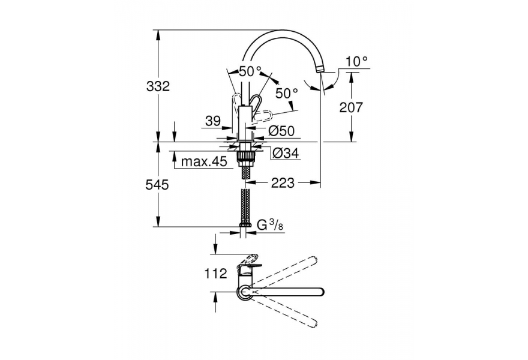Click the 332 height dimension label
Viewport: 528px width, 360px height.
(x=158, y=86)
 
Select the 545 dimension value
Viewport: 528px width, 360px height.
(x=157, y=185)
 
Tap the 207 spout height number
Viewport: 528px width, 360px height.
(x=351, y=107)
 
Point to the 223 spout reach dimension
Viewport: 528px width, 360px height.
(x=283, y=183)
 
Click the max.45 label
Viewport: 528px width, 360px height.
(x=204, y=161)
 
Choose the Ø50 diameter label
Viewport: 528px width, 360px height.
(x=281, y=131)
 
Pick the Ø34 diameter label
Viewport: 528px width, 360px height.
(x=285, y=154)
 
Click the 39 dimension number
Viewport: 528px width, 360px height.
(x=213, y=121)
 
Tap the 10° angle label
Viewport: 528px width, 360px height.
(x=356, y=62)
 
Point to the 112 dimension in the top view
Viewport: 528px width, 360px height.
(x=216, y=274)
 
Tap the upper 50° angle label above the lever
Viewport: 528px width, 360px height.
(x=250, y=71)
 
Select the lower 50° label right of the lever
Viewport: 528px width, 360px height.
(x=287, y=93)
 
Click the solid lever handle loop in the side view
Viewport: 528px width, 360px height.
(x=256, y=103)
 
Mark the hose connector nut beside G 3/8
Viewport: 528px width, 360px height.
(x=245, y=224)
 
